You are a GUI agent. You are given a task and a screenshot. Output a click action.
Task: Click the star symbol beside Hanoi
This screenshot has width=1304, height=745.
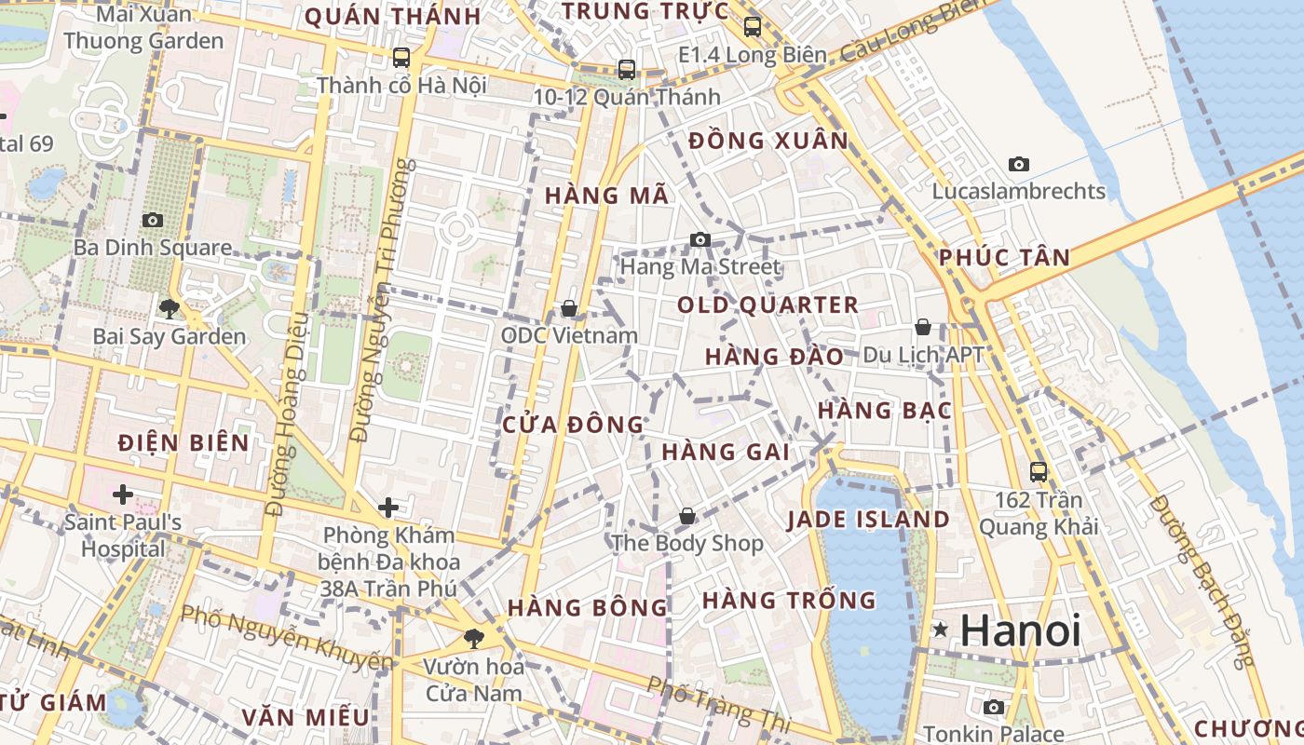(941, 630)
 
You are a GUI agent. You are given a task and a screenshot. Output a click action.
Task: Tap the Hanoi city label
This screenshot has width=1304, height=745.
(1020, 630)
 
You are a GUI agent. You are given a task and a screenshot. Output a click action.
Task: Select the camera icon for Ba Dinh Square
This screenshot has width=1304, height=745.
(153, 221)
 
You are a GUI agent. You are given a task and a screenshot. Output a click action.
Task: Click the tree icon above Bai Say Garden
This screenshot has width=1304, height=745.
(170, 308)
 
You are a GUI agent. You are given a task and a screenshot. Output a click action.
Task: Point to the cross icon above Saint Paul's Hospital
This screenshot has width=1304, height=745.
(122, 494)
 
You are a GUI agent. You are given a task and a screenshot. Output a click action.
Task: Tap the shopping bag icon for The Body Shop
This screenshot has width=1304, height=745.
(687, 516)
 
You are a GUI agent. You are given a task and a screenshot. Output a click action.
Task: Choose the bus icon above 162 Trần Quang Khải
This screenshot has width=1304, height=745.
(1039, 472)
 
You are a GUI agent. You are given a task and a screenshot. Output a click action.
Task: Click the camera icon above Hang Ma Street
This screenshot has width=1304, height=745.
(700, 240)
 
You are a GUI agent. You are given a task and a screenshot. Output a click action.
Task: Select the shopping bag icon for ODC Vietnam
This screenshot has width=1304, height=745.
(569, 308)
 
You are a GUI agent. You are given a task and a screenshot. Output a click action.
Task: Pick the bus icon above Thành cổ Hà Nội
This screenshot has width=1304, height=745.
(401, 58)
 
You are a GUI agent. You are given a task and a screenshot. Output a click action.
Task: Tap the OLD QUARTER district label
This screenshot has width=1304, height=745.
(767, 305)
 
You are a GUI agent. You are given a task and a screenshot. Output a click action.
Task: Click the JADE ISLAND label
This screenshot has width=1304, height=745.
(868, 520)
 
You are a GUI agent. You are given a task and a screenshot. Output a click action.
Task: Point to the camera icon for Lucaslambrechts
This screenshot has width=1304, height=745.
(1019, 165)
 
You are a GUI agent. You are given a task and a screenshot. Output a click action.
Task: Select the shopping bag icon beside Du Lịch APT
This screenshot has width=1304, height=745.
(923, 327)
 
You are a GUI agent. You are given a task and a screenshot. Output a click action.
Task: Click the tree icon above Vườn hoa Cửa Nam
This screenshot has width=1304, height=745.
(474, 638)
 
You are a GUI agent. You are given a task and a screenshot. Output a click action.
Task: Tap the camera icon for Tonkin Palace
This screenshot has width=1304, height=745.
(994, 707)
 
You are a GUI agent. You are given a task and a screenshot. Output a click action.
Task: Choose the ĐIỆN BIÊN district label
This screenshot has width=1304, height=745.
(183, 442)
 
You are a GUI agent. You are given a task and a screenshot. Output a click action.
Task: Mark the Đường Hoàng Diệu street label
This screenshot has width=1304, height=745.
(287, 414)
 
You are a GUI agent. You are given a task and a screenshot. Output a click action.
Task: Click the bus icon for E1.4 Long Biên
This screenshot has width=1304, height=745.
(753, 27)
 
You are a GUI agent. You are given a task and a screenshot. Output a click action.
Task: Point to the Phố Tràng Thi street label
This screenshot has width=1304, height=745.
(718, 704)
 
